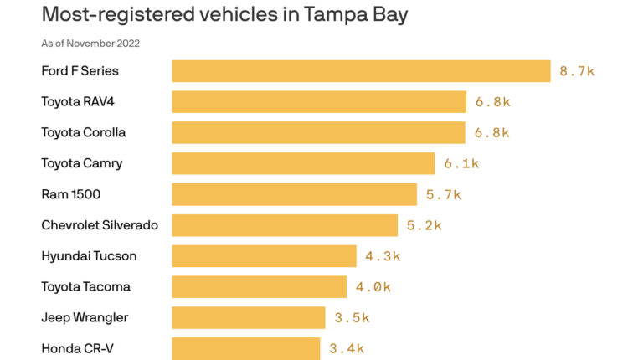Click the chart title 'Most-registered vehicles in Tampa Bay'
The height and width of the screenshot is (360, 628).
point(224,14)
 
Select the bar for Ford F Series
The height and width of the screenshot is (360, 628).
point(361,71)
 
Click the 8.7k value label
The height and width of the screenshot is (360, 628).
point(577,71)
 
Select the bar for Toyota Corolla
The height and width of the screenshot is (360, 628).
point(318,132)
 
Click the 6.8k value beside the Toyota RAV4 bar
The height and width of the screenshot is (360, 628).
point(492,102)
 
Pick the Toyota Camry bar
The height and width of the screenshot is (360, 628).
point(303,163)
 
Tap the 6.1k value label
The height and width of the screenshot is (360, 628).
point(461,163)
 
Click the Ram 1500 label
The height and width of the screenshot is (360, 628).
point(71,194)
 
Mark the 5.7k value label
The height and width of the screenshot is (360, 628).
point(444,194)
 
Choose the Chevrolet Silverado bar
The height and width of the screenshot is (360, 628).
point(285,225)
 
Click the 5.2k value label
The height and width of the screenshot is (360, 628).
point(424,225)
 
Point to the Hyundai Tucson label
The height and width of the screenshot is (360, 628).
point(89,256)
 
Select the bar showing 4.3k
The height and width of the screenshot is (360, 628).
point(265,256)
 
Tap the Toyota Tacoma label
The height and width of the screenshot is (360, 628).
point(86,287)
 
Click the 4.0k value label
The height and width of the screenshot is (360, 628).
point(373,287)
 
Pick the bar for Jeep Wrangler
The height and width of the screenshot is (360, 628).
point(249,317)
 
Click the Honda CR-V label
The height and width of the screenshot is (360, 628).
point(78,348)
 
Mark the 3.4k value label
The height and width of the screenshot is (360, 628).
point(347,348)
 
